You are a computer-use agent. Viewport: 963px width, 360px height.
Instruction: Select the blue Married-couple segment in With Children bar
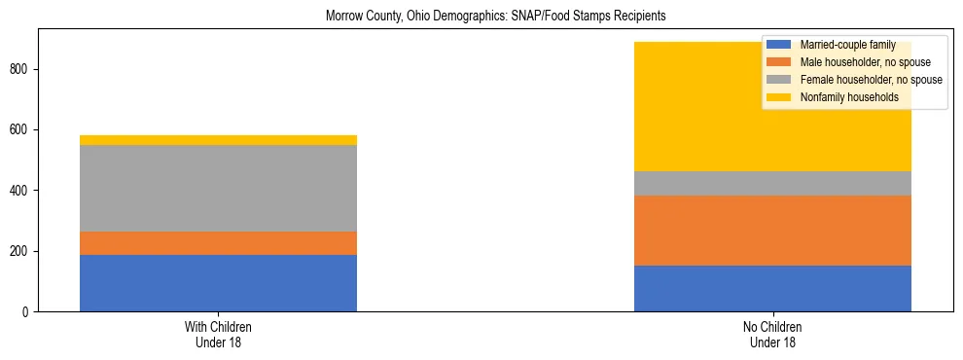tap(218, 283)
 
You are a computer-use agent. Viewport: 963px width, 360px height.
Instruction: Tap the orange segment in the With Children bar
tap(218, 243)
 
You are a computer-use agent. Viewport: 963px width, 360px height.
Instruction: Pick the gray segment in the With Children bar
tap(218, 188)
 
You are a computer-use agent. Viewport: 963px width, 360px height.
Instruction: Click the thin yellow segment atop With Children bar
tap(218, 140)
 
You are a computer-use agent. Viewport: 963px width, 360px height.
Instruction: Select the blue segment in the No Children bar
tap(772, 288)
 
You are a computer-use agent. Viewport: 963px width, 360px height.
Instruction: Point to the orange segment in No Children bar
tap(772, 231)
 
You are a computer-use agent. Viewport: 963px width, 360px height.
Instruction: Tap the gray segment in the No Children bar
tap(772, 183)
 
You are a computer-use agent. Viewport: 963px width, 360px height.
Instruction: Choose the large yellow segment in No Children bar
tap(681, 107)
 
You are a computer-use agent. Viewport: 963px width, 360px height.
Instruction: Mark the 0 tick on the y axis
tap(26, 312)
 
